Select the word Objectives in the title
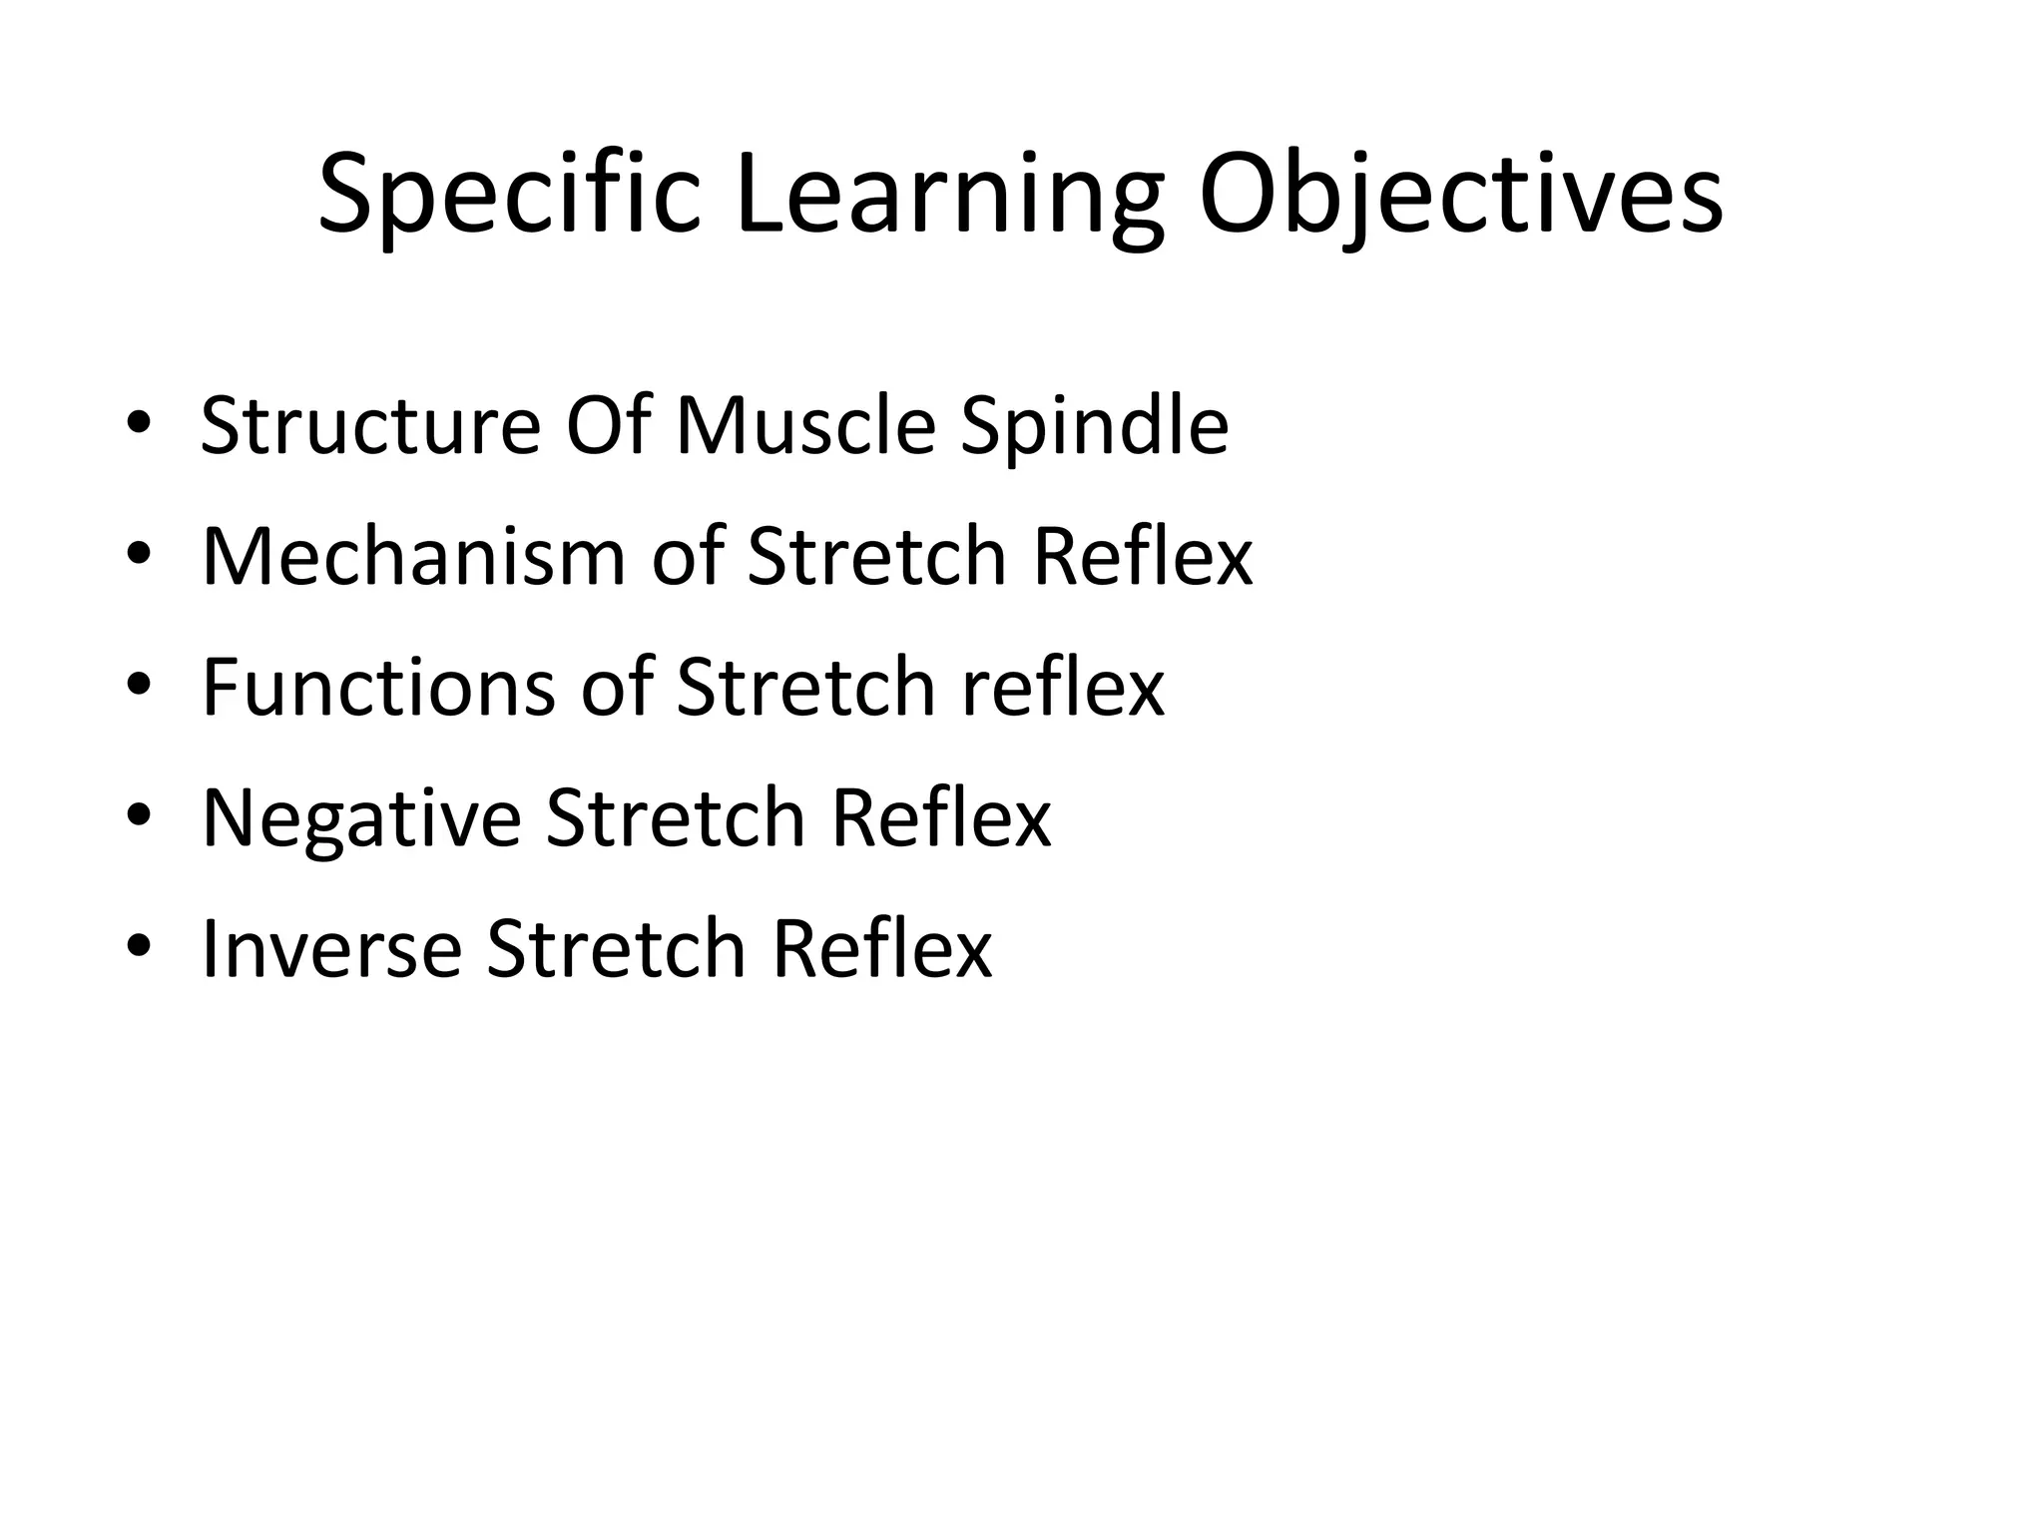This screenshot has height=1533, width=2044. [1460, 196]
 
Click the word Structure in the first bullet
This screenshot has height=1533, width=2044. [370, 426]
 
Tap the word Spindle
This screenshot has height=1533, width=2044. [1094, 426]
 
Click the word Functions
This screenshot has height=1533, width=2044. [377, 688]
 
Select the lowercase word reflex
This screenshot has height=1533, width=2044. [1063, 688]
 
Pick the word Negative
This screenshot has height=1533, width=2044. [361, 818]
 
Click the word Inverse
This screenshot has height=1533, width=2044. [331, 949]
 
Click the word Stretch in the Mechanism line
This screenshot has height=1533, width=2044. [876, 557]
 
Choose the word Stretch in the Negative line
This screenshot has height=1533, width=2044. [676, 818]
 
